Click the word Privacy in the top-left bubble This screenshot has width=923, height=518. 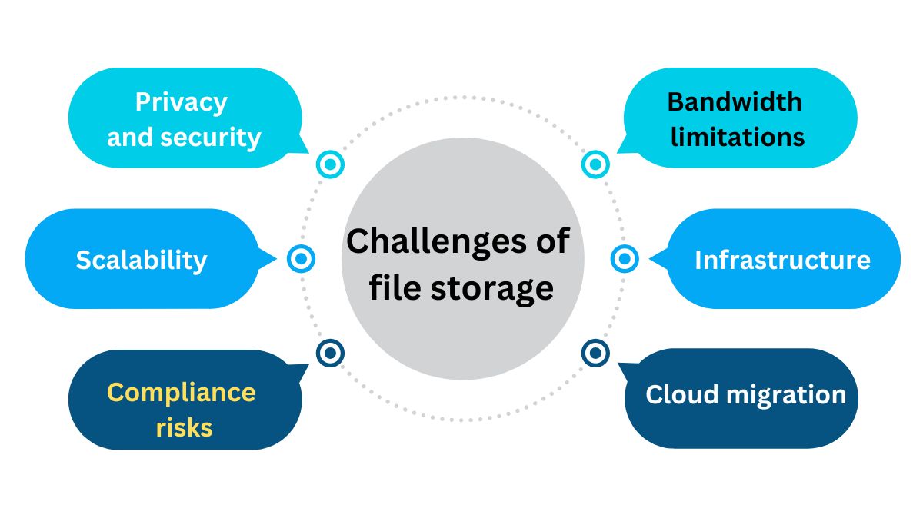(181, 102)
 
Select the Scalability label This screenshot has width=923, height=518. (142, 261)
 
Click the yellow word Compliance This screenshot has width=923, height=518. (181, 393)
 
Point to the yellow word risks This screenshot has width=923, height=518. (184, 427)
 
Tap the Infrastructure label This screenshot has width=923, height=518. (781, 261)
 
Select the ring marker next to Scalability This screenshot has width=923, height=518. (301, 259)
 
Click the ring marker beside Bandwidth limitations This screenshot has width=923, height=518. (595, 164)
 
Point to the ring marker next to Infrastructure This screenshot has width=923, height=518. (625, 259)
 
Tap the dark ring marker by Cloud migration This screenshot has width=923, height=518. (595, 353)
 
